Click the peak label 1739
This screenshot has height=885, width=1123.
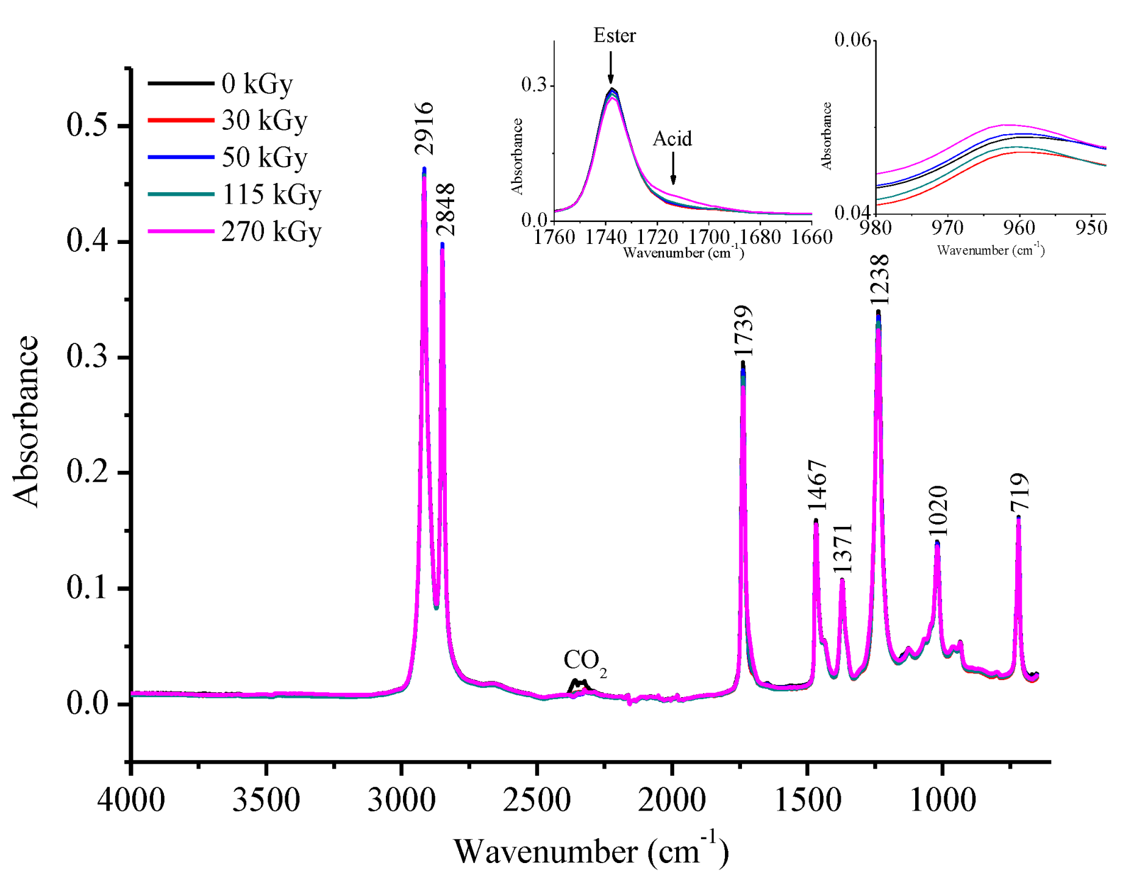743,331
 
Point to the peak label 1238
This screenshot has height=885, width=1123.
880,279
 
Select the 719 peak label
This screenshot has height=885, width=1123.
1019,492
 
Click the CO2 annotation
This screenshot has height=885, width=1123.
585,661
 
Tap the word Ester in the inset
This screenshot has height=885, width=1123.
615,35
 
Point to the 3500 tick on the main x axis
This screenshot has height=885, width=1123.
266,799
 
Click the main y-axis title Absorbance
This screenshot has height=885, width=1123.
26,421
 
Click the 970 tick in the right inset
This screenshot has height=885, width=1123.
947,228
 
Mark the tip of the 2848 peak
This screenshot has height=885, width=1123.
442,245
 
